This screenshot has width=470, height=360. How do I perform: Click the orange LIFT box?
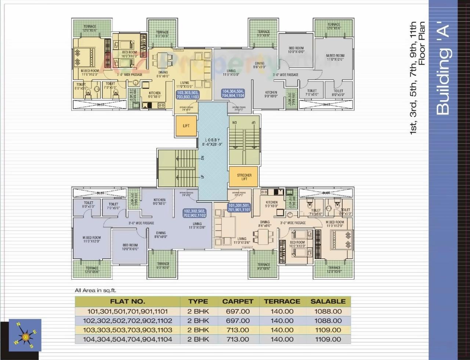tap(186, 126)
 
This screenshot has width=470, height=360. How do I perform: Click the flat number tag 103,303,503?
tap(188, 95)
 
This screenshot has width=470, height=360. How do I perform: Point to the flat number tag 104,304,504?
tap(233, 93)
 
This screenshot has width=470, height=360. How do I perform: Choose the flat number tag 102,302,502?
tap(194, 213)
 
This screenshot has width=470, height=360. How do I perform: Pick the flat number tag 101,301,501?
tap(239, 208)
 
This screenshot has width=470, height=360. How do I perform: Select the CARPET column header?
tap(238, 301)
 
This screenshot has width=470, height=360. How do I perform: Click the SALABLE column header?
tap(328, 301)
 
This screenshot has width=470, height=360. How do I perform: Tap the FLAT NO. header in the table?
tap(127, 301)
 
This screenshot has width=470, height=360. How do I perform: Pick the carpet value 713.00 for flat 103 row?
tap(238, 330)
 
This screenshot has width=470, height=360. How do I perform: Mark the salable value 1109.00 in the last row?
tap(328, 339)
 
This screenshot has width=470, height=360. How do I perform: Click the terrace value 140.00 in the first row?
tap(282, 311)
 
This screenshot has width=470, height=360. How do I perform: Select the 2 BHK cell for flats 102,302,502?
tap(198, 320)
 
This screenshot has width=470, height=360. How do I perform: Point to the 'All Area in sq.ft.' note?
tap(95, 290)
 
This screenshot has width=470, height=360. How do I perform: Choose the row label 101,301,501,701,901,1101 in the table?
tap(127, 311)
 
